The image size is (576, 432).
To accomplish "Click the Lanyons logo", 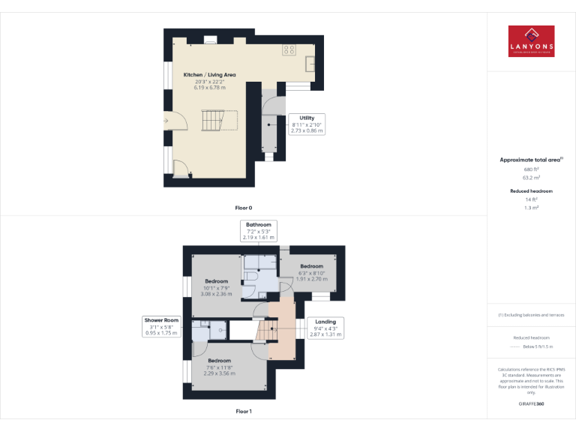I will coord(531,41).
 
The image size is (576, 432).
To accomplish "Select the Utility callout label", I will coord(307,124).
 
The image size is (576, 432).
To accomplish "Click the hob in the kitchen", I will coord(289,49).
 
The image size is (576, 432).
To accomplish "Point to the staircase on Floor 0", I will coord(214,120).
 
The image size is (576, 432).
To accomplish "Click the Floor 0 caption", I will coord(244,206).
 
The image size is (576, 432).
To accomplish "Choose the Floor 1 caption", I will coord(244,411).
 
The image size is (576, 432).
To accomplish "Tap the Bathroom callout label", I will coord(259,230).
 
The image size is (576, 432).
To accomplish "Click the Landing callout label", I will coord(325,328).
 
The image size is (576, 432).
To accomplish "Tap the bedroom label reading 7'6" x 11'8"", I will coord(219,366).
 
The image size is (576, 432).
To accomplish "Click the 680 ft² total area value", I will coord(532,169).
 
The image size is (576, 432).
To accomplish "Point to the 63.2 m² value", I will coord(532,178).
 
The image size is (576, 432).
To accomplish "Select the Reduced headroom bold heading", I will coord(532,191).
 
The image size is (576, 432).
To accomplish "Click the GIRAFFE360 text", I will coord(532,404).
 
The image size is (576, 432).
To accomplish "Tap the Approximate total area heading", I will coord(530,160).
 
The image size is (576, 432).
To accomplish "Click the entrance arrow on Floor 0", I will coord(165,120).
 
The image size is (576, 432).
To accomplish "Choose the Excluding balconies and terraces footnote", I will coord(531,315).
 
